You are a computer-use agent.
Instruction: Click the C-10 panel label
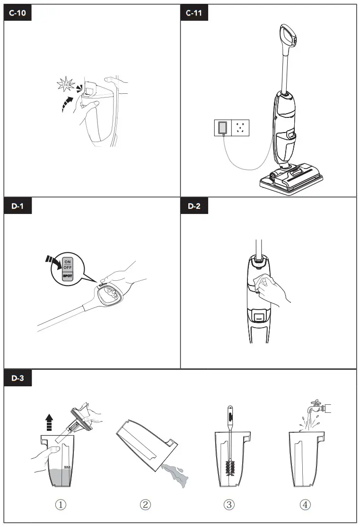18,13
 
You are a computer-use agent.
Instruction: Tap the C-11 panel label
194,13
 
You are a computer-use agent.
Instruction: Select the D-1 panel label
18,206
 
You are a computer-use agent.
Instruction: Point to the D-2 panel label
194,206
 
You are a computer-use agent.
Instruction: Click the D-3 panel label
18,378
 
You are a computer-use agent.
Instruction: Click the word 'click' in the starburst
66,85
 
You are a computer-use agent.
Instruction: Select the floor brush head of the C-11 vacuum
292,179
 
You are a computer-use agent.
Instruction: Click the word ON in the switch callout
68,262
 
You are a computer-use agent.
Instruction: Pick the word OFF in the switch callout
68,267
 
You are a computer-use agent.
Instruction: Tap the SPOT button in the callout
67,276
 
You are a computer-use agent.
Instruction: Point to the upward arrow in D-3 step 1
49,422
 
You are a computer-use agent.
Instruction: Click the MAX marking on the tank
67,467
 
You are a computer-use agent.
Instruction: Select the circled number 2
145,505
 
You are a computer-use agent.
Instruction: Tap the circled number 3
229,505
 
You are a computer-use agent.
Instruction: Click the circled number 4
305,505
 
